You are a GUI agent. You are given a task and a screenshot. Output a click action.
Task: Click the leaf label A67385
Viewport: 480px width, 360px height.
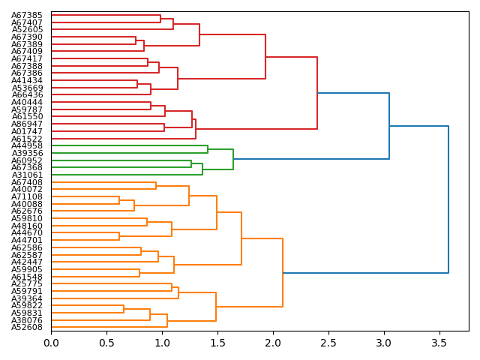(27, 15)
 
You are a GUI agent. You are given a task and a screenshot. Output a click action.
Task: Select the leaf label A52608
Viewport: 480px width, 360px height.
(27, 328)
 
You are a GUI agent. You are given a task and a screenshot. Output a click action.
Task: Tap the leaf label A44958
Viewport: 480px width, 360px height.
(27, 145)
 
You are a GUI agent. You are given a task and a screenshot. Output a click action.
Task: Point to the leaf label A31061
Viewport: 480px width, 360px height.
(27, 175)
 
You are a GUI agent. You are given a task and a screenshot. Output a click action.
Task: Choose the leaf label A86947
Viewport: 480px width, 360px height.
(27, 124)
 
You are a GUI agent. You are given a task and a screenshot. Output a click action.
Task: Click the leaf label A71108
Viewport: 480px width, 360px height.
(27, 196)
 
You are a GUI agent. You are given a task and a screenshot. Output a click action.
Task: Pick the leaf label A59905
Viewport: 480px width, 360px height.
(27, 269)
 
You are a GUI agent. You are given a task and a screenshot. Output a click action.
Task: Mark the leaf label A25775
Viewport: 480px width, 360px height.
(27, 284)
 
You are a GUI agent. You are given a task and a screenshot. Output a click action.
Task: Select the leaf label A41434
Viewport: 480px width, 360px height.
(27, 80)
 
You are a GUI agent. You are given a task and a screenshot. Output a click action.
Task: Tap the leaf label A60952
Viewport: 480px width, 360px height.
(27, 160)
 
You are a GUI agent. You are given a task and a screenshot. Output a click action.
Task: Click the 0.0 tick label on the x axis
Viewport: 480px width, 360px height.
(51, 343)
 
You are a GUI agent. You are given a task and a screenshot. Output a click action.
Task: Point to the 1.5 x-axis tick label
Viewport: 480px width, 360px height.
(217, 343)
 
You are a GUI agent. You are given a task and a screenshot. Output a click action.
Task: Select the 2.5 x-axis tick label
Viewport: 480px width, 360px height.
(328, 343)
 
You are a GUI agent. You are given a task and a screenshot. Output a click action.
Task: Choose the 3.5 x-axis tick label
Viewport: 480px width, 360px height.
(439, 343)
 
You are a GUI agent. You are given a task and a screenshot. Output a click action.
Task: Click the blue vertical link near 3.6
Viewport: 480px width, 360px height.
(448, 199)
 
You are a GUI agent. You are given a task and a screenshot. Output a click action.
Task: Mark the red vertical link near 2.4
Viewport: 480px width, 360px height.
(317, 93)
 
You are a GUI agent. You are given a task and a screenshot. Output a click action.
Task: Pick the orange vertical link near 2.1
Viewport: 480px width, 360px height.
(283, 273)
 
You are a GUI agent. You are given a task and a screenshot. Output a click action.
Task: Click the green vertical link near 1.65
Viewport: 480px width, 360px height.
(233, 159)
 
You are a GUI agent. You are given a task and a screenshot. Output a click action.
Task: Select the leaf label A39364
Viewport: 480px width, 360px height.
(27, 298)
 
